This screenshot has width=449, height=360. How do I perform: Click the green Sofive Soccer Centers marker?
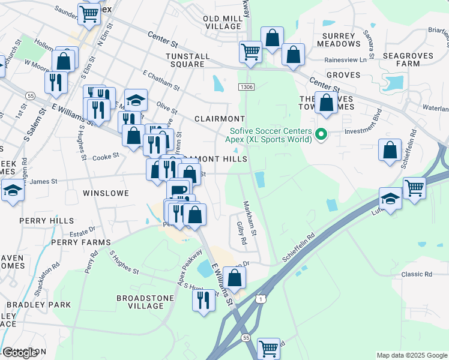[x=321, y=134]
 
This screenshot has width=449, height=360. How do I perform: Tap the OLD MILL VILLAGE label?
[x=222, y=23]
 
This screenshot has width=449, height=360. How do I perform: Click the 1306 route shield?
[x=246, y=87]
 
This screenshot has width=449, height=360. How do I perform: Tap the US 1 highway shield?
[x=259, y=298]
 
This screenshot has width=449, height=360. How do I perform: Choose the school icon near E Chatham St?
[x=136, y=99]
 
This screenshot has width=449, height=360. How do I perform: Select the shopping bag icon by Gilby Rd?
[x=235, y=277]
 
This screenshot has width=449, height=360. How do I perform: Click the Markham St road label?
[x=250, y=217]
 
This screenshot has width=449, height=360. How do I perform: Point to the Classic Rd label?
[x=417, y=274]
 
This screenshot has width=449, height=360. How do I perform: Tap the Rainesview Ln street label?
[x=345, y=60]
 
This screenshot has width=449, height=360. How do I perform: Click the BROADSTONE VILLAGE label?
[x=145, y=301]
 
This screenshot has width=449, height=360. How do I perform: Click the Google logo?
[x=20, y=353]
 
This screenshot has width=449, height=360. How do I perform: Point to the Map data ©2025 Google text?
[x=411, y=355]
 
